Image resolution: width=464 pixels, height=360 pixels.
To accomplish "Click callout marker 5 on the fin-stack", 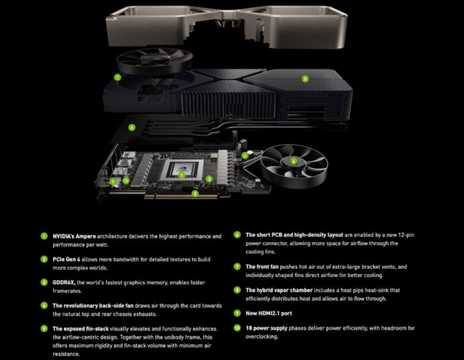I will (305, 78).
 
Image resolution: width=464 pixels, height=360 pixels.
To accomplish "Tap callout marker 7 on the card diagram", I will (118, 77).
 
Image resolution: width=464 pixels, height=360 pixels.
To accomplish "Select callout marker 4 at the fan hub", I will (293, 161).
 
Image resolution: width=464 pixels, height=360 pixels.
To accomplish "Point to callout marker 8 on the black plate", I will (132, 126).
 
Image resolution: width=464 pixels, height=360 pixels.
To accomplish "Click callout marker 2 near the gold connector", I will (195, 193).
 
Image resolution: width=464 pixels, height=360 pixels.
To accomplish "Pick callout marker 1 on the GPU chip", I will (182, 175).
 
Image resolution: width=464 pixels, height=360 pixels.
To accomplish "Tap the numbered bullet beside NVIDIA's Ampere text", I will (43, 236).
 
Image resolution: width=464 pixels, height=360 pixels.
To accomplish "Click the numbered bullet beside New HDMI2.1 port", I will (237, 313).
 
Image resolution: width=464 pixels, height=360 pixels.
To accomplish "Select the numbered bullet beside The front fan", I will (237, 267).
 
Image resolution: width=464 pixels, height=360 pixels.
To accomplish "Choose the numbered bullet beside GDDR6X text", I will (43, 283).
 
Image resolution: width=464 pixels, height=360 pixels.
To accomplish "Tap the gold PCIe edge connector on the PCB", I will (178, 196).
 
